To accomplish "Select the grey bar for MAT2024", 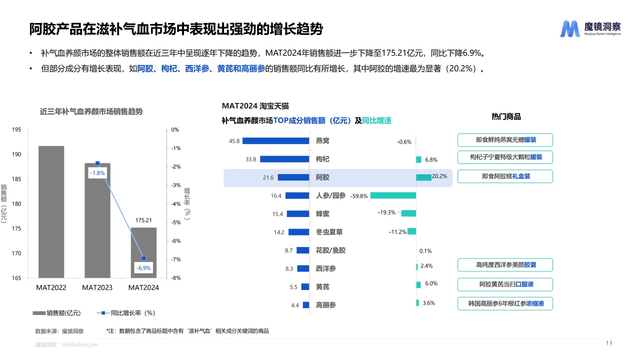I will (143, 252).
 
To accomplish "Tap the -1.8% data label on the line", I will (97, 173).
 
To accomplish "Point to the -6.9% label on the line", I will (143, 268).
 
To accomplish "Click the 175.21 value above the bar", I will (143, 220).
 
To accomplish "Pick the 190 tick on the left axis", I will (16, 154).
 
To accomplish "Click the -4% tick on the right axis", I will (175, 204).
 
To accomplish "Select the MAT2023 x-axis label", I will (97, 287).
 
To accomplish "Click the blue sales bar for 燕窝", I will (274, 141).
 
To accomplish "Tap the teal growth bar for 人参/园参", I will (393, 195).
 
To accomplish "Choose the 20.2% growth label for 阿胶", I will (439, 176).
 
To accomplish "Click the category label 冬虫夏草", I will (329, 232).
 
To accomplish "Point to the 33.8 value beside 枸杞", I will (251, 159).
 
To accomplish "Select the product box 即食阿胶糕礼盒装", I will (505, 176).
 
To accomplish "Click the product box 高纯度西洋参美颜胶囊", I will (505, 265).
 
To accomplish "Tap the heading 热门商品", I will (506, 116).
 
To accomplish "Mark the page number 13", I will (608, 343).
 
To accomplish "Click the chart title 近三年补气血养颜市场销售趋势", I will (91, 111).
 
